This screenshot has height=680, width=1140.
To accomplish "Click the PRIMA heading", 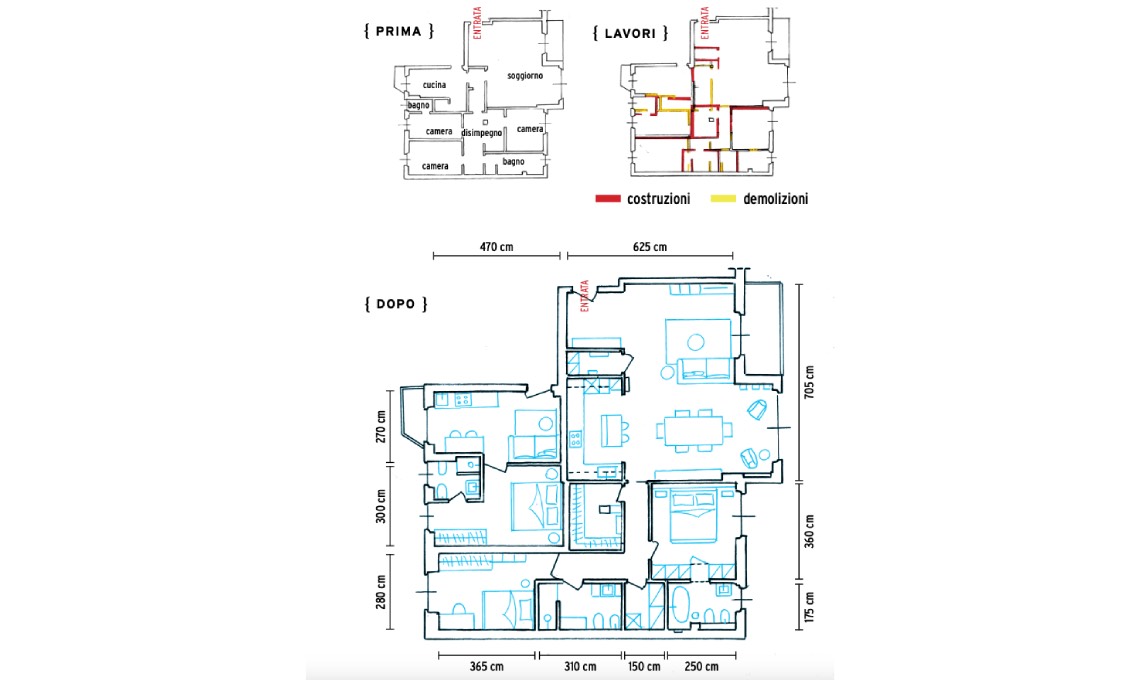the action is pos(398,31).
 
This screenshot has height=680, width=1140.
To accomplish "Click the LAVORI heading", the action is pos(630,33).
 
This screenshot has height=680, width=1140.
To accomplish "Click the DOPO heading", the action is pos(396,304).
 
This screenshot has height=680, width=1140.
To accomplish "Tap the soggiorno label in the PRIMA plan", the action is pos(525,76).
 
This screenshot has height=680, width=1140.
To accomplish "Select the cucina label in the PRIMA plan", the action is pos(434,85).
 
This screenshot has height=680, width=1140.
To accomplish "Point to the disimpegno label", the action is pos(481,133).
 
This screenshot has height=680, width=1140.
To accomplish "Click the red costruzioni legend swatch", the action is pos(608,199).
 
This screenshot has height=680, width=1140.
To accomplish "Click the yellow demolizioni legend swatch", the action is pos(723,199).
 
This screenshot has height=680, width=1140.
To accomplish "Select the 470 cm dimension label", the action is pos(497,247).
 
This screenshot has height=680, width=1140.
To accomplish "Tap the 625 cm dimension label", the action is pos(650,247).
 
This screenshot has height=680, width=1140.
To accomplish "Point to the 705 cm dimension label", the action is pos(810,382).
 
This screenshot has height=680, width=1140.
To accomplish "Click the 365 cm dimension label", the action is pos(486,666).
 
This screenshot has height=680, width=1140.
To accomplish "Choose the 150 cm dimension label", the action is pos(644,666).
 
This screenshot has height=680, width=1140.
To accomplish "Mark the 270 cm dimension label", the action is pos(381,427).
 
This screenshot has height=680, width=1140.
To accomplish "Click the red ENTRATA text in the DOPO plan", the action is pos(584,296).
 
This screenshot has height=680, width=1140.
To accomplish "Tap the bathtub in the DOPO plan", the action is pos(681,605).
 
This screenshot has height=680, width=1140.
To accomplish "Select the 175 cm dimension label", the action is pos(810,607).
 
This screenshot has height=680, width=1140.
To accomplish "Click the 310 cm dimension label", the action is pos(580,666).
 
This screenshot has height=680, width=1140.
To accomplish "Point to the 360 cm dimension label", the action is pos(810,531).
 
